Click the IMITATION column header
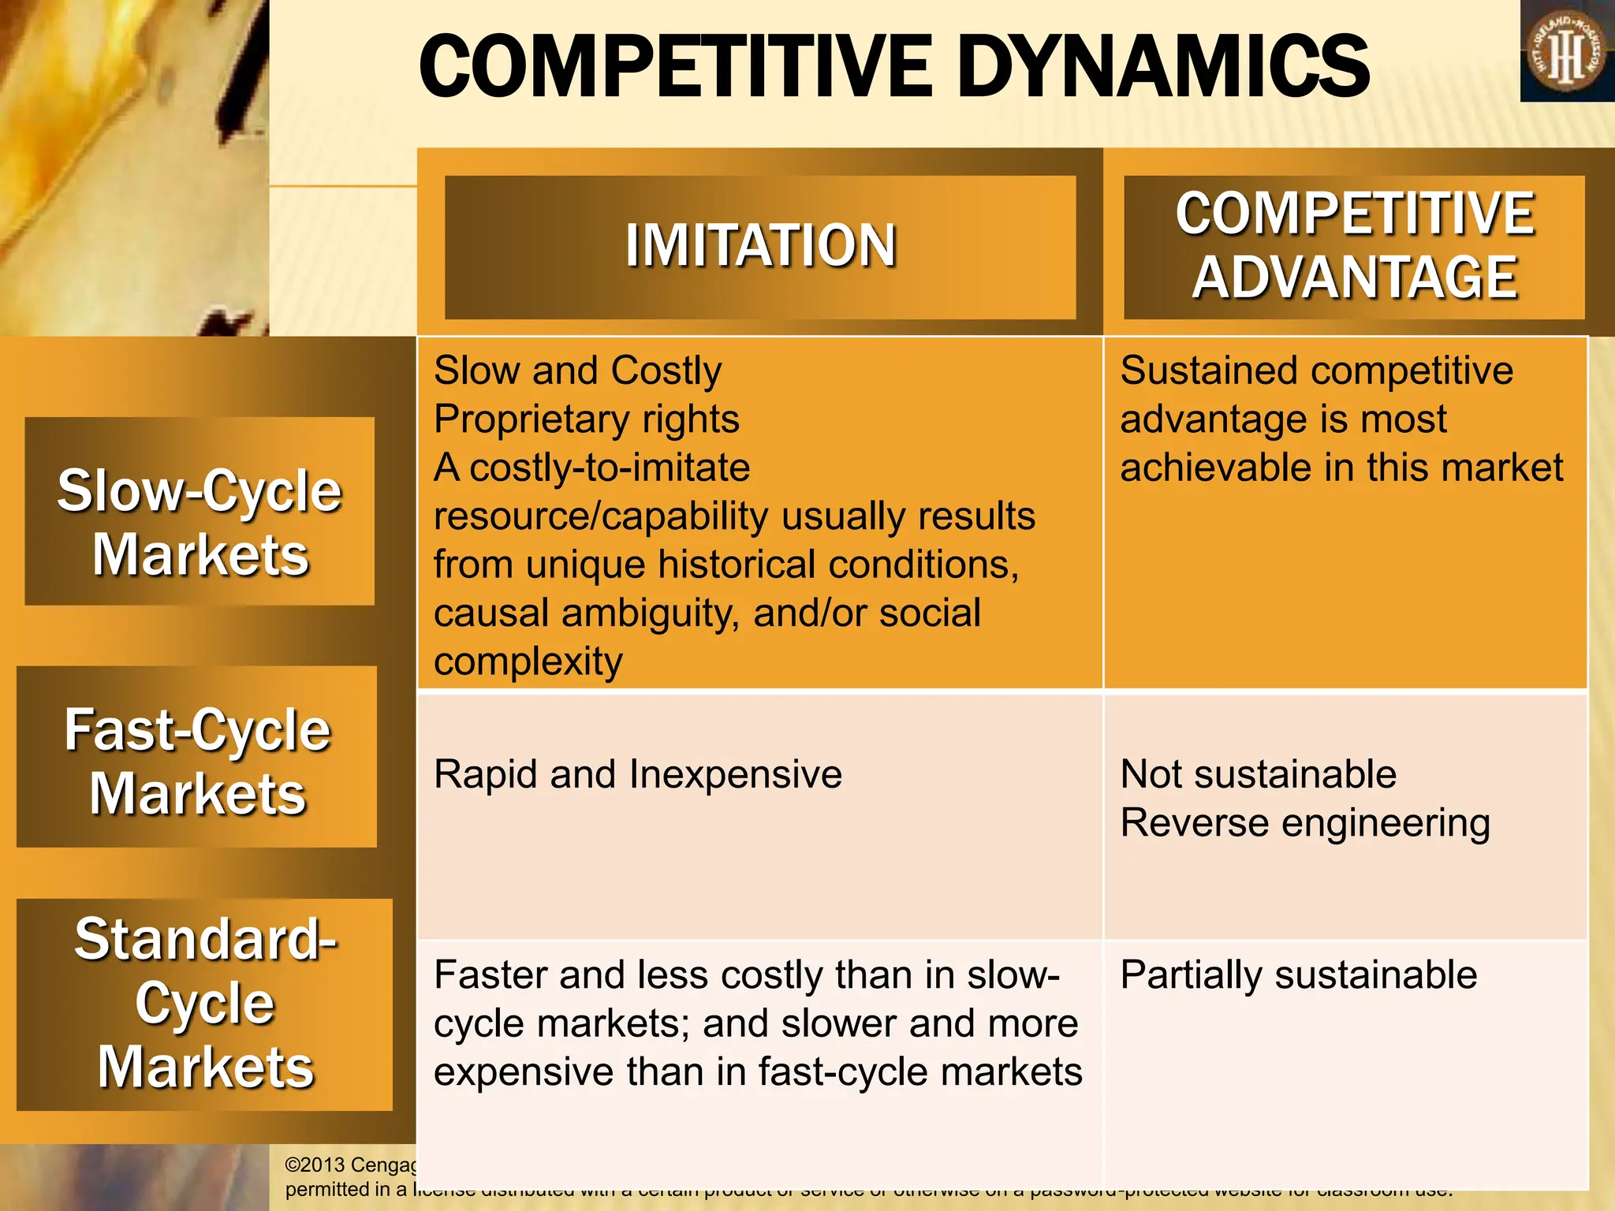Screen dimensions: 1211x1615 760,246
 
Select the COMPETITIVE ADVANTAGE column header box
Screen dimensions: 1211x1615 1354,246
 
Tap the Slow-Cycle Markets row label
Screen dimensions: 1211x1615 200,522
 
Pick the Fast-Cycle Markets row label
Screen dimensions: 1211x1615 197,761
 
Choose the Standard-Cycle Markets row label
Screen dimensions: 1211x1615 205,1003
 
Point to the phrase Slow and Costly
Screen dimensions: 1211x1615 577,371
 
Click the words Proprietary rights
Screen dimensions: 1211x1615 586,419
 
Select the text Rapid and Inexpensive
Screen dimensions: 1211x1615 637,774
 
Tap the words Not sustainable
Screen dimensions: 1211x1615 1258,774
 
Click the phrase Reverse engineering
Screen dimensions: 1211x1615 1305,823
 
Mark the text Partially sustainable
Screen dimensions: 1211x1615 1298,975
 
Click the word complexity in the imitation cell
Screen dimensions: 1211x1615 528,662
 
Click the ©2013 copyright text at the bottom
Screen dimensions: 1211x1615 350,1165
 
